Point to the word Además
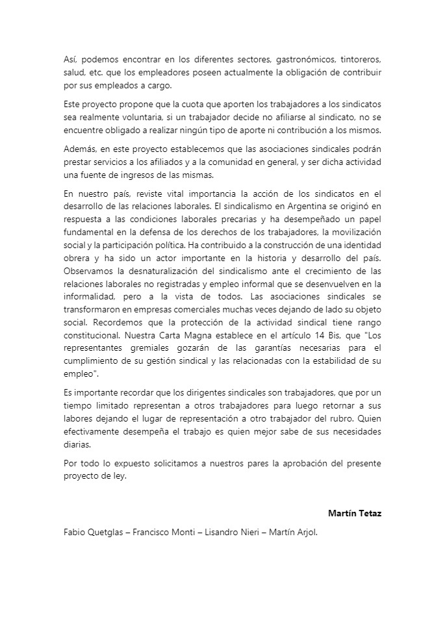pyautogui.click(x=81, y=149)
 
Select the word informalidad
pyautogui.click(x=87, y=294)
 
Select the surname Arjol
pyautogui.click(x=304, y=532)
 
